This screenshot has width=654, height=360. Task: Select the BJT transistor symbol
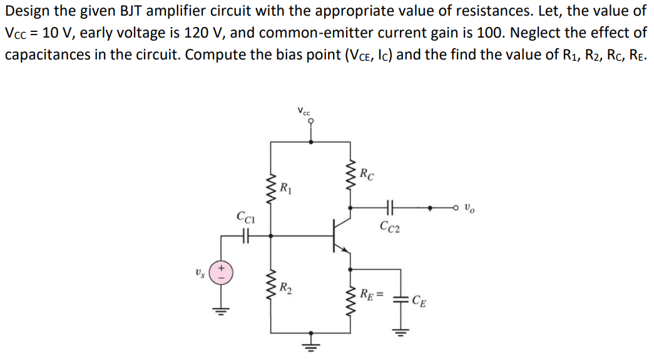pyautogui.click(x=341, y=236)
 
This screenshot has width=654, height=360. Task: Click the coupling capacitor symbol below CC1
pyautogui.click(x=245, y=236)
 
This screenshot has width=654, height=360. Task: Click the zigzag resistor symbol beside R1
pyautogui.click(x=271, y=186)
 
